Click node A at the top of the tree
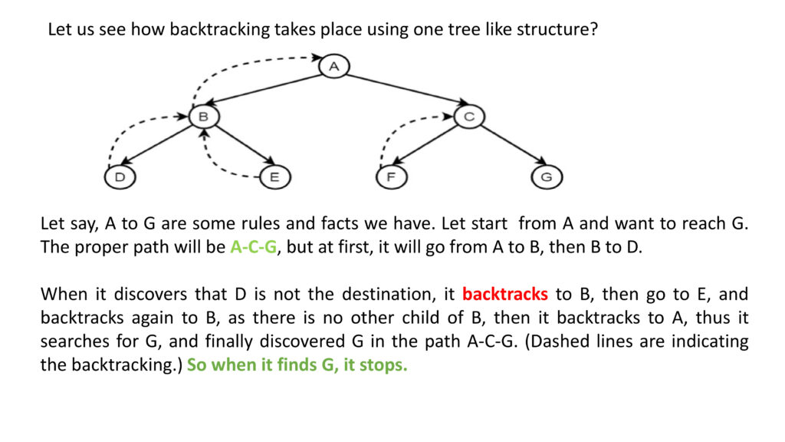(334, 66)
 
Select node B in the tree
(204, 117)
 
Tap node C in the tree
(469, 117)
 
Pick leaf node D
(120, 177)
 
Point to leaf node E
(275, 177)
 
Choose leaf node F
(392, 177)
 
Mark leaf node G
(547, 177)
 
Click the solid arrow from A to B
(263, 90)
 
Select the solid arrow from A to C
(406, 90)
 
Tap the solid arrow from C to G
(514, 145)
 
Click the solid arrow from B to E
(245, 145)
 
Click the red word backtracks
(504, 294)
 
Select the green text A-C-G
(253, 246)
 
